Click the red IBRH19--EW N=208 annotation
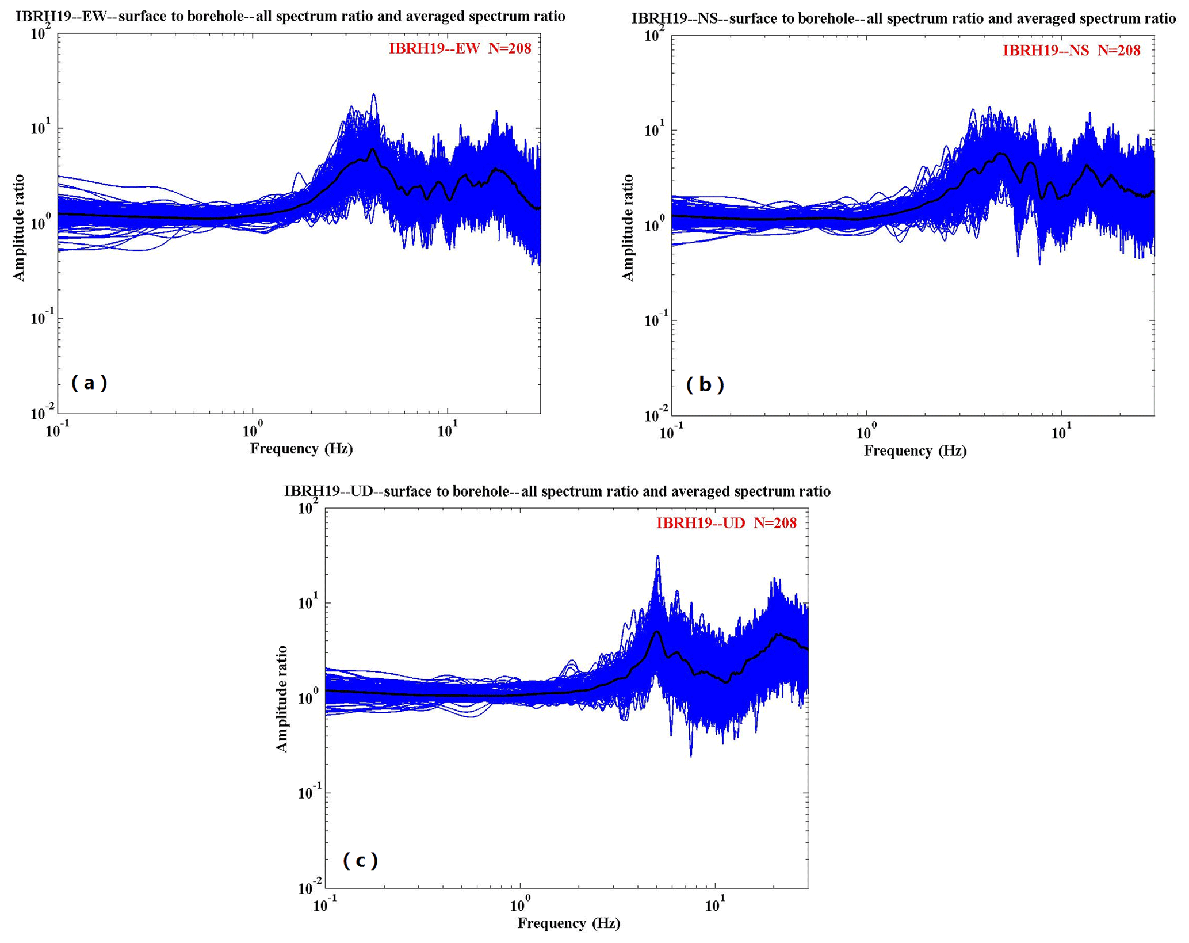click(x=460, y=48)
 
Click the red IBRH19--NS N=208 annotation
click(x=1071, y=51)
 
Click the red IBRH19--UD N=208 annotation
click(x=726, y=523)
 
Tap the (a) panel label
click(x=89, y=383)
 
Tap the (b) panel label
click(x=705, y=384)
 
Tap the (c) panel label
click(x=360, y=861)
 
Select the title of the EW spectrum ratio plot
click(x=290, y=16)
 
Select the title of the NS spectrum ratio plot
click(x=903, y=18)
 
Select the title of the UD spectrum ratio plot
click(x=557, y=491)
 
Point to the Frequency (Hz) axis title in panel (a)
click(x=301, y=448)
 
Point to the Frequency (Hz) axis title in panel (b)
click(x=915, y=450)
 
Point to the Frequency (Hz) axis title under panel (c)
click(x=568, y=923)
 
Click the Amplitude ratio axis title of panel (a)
click(x=19, y=227)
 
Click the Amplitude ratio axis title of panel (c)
click(x=282, y=698)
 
